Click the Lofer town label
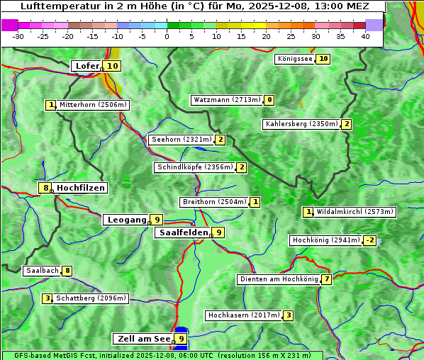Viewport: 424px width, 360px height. tap(87, 66)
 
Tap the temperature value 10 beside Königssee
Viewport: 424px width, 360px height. tap(323, 59)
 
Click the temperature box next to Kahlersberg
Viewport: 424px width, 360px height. tap(346, 124)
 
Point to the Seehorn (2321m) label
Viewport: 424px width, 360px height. tap(181, 140)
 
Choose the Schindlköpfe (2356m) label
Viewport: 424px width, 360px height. tap(194, 167)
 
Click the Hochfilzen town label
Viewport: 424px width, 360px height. tap(80, 188)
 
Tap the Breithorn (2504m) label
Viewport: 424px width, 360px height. tap(213, 202)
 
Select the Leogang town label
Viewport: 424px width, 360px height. tap(126, 220)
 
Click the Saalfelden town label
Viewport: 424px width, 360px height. tap(183, 232)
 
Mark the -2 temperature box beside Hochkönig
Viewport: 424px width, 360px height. tap(369, 240)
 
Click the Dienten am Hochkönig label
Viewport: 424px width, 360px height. tap(278, 279)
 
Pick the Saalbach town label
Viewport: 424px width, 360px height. tap(41, 271)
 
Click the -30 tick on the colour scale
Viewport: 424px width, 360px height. tap(18, 36)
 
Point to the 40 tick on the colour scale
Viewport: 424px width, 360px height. tap(365, 36)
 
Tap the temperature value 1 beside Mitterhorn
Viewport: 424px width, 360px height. tap(50, 105)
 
